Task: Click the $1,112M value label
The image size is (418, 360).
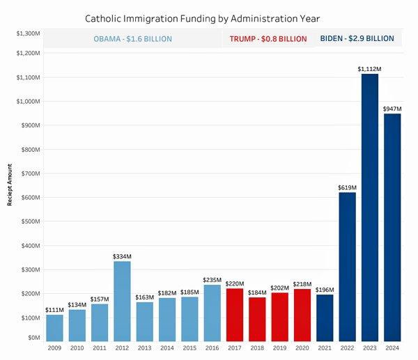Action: (370, 68)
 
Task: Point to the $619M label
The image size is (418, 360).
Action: (347, 187)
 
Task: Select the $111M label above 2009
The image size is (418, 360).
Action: (54, 310)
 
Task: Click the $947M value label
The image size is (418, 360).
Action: (392, 109)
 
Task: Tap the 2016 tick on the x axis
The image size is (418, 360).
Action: (212, 347)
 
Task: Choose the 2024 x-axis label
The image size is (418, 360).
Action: (392, 347)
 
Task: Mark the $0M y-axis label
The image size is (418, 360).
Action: (32, 337)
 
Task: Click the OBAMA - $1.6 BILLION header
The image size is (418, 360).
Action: (133, 39)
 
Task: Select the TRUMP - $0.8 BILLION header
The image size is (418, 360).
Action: (268, 39)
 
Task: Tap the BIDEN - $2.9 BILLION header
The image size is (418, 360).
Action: (357, 39)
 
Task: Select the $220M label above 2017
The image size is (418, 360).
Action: (235, 284)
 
